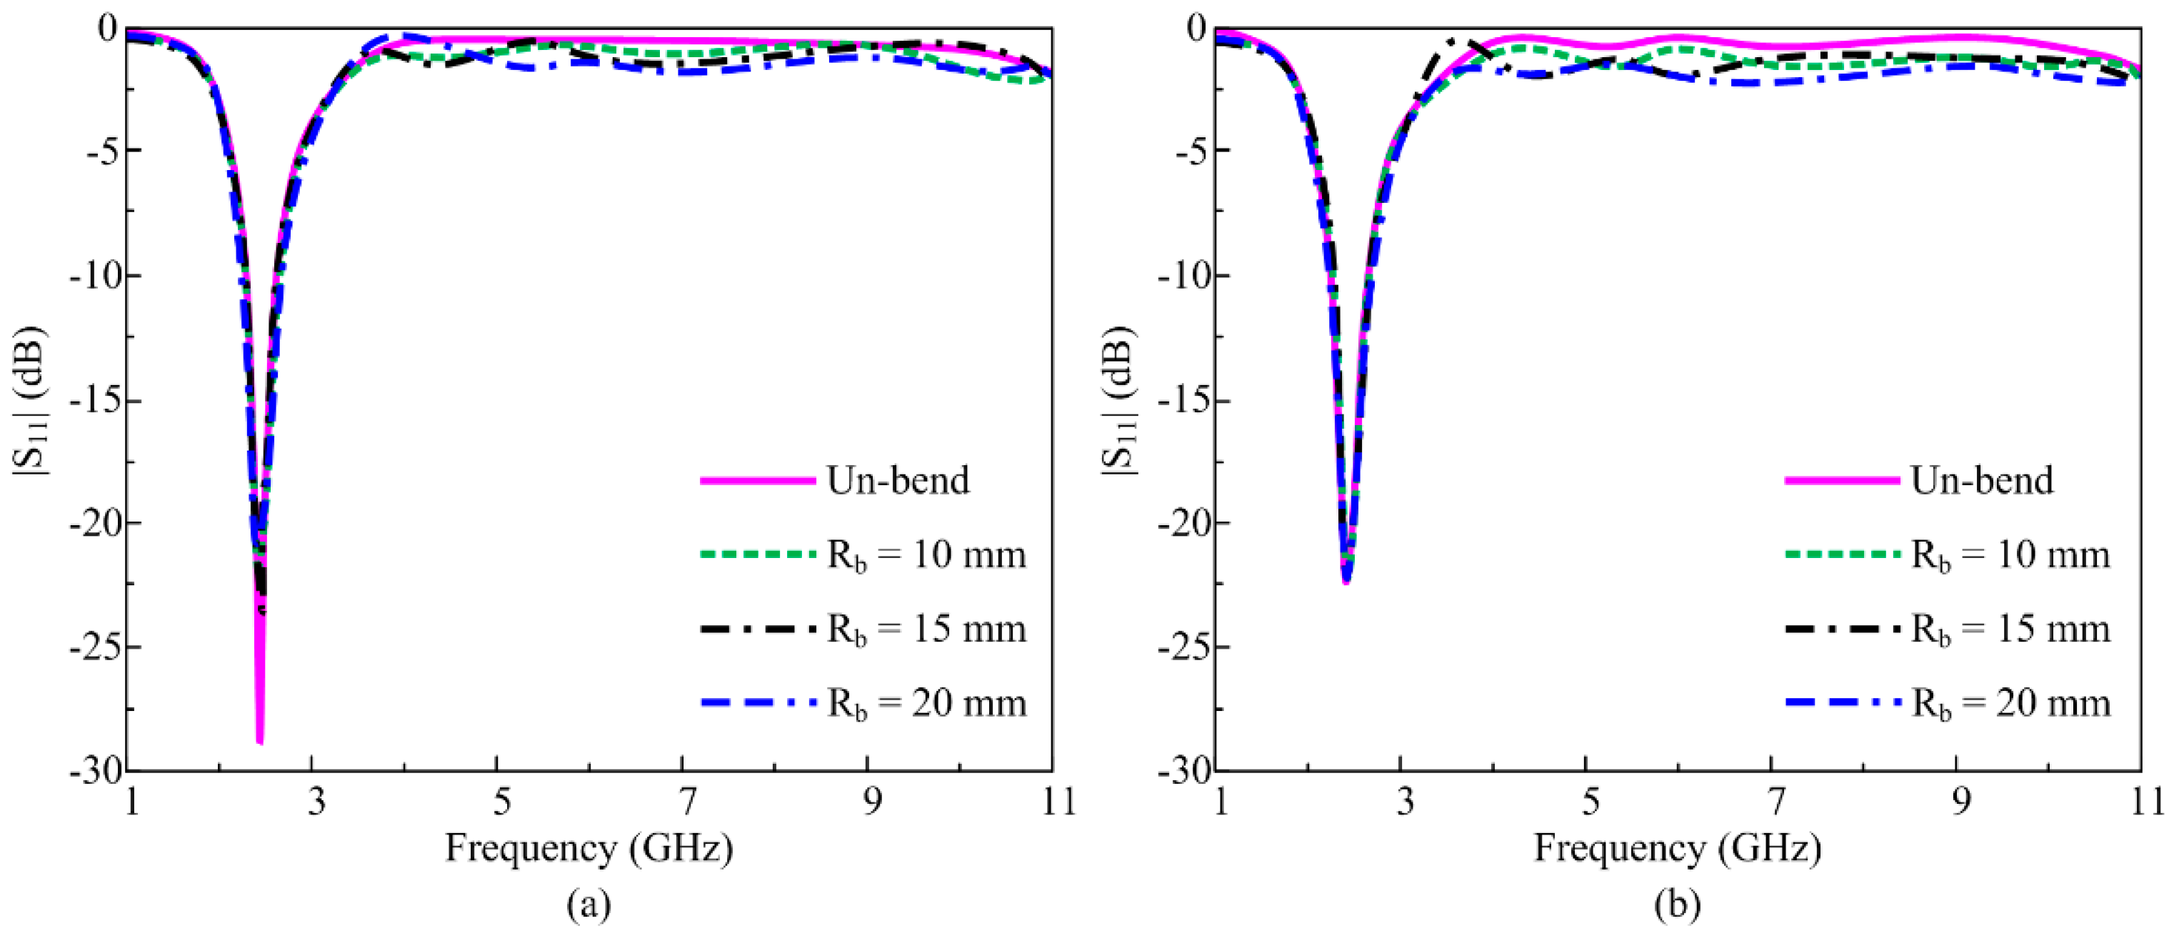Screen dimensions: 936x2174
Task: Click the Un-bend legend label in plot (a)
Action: (x=898, y=480)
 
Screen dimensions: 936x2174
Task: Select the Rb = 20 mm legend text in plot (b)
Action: (x=2010, y=703)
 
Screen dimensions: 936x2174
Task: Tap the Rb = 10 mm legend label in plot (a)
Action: (x=926, y=555)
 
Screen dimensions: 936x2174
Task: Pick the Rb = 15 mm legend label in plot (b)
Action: (x=2010, y=629)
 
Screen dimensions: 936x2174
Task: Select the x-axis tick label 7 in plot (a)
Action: (x=688, y=801)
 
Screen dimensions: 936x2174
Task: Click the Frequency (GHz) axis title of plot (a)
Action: (x=589, y=847)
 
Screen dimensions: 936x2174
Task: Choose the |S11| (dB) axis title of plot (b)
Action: (x=1119, y=401)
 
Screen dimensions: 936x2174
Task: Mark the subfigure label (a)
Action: (x=588, y=905)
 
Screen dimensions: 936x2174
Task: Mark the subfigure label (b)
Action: (x=1677, y=905)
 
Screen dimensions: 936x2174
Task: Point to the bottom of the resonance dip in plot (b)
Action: (x=1346, y=582)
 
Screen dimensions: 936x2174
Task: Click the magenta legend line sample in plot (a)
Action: (x=757, y=480)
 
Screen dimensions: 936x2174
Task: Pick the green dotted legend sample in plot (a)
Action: (x=757, y=554)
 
